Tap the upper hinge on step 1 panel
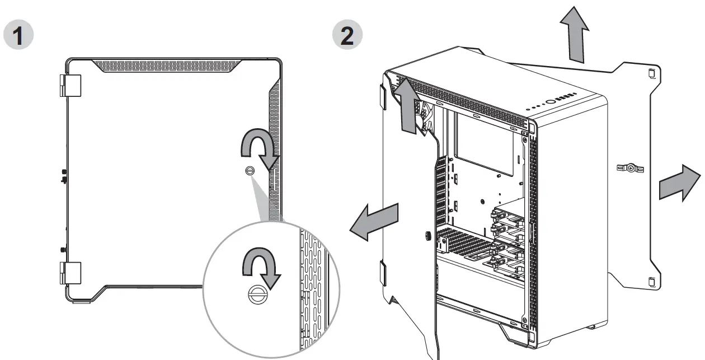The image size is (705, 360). click(x=70, y=85)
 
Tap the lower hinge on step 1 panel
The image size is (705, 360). click(x=70, y=273)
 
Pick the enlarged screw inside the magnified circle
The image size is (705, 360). click(x=258, y=296)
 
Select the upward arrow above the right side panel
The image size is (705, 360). click(x=576, y=34)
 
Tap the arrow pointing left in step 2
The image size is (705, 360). click(x=374, y=221)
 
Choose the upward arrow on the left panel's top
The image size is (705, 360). click(x=409, y=106)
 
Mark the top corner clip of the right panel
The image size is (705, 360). click(x=651, y=73)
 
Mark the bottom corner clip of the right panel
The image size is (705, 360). click(x=651, y=282)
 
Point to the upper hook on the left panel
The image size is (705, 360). click(x=382, y=96)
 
